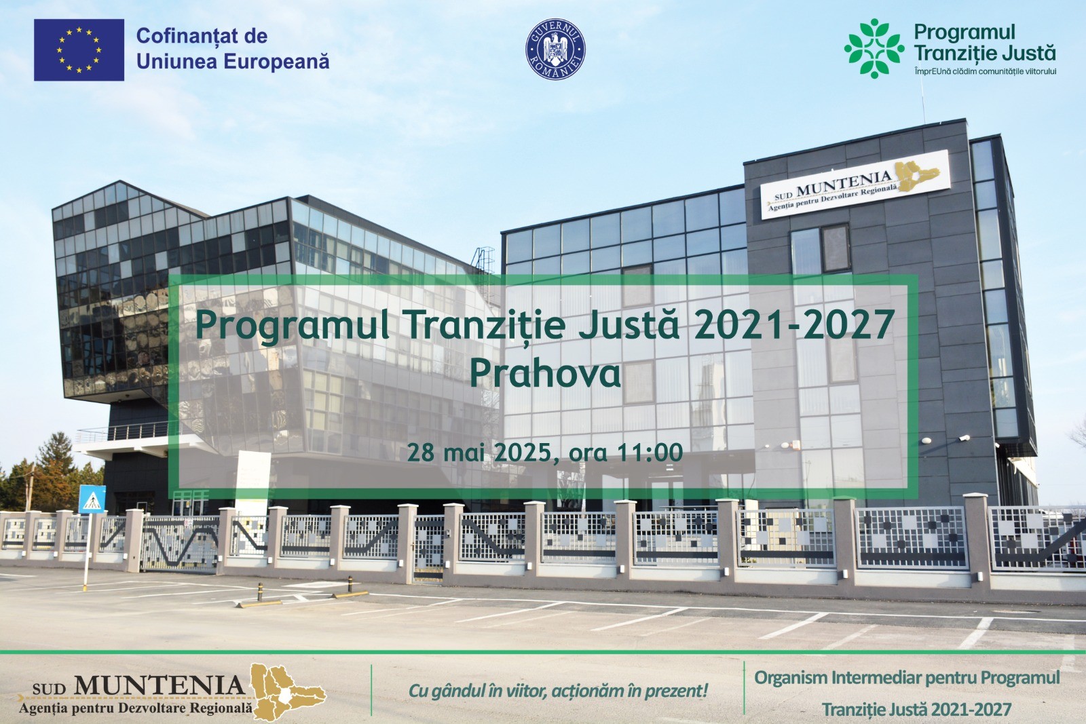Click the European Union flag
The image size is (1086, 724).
pos(79,50)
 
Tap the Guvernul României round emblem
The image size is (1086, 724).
pos(555,49)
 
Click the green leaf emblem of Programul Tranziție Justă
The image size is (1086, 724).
pos(874,48)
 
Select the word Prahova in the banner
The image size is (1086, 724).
pos(545,374)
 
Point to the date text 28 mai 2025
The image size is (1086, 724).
pos(479,452)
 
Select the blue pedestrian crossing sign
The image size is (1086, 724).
pos(92,499)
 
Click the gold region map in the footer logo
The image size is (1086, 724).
pos(288,692)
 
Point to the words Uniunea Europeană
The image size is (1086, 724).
pos(233,62)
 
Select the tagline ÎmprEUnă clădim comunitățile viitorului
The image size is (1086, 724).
pos(985,71)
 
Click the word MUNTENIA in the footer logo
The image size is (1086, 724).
pos(160,685)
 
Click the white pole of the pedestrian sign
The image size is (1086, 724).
pos(88,552)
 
